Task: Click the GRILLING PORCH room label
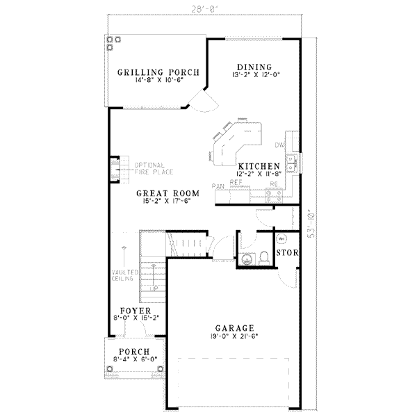pyautogui.click(x=158, y=72)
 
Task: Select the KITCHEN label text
pyautogui.click(x=259, y=167)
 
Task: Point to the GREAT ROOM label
pyautogui.click(x=167, y=193)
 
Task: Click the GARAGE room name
pyautogui.click(x=235, y=328)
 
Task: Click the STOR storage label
pyautogui.click(x=287, y=252)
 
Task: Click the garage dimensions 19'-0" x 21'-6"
pyautogui.click(x=235, y=336)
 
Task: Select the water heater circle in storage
pyautogui.click(x=282, y=239)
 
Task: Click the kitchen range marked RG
pyautogui.click(x=273, y=184)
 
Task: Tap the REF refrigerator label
pyautogui.click(x=236, y=182)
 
